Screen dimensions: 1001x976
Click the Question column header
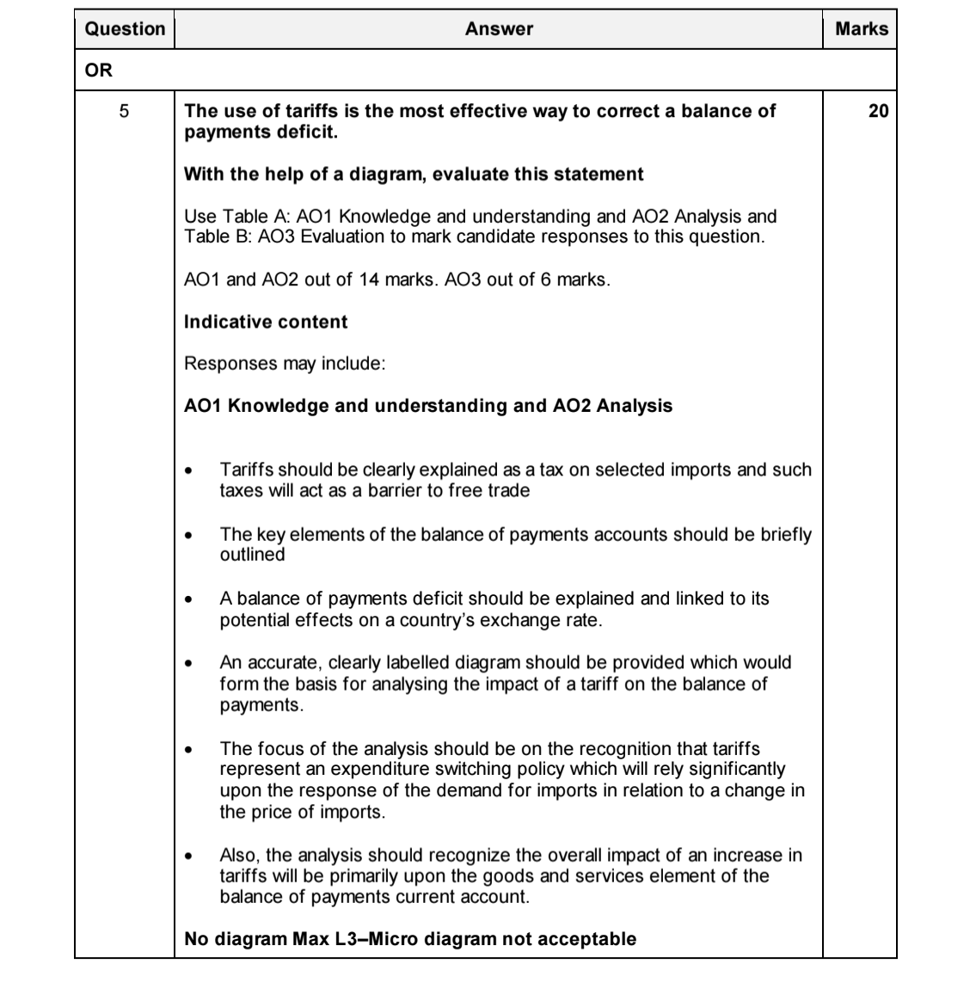pyautogui.click(x=125, y=28)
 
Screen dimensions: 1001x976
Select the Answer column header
pyautogui.click(x=499, y=28)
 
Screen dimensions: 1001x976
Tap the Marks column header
pyautogui.click(x=861, y=28)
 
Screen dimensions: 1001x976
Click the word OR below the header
pyautogui.click(x=99, y=71)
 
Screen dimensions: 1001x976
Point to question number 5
pyautogui.click(x=124, y=111)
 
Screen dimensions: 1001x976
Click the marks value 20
pyautogui.click(x=878, y=111)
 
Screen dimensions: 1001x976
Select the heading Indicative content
pyautogui.click(x=266, y=322)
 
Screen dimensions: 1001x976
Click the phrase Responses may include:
pyautogui.click(x=285, y=363)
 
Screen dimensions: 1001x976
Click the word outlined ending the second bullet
pyautogui.click(x=252, y=555)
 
